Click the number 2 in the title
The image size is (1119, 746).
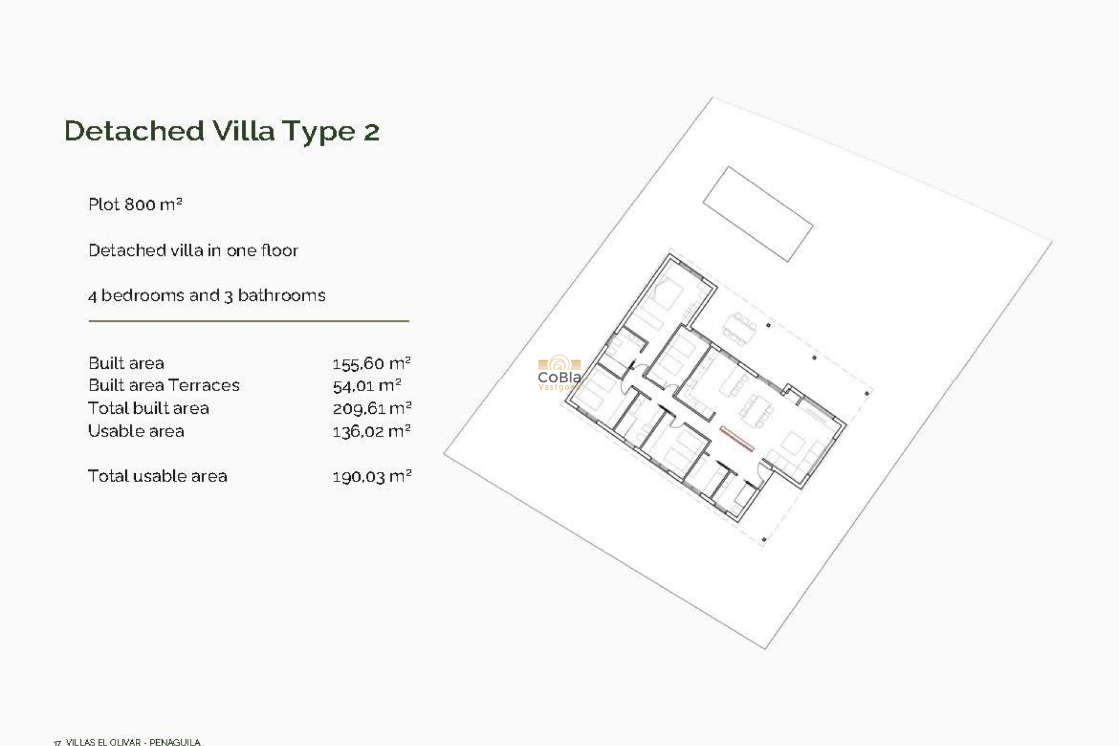371,132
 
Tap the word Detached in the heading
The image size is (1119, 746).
134,131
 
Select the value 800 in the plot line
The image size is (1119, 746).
140,205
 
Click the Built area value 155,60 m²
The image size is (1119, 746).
371,364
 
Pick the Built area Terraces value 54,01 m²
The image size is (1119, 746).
367,386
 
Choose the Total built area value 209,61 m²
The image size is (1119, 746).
372,409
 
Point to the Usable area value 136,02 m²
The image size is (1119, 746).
371,431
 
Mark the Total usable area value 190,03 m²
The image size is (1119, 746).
372,477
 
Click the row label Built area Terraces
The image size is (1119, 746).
164,385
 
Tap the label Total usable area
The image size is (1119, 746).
157,476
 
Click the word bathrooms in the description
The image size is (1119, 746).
281,295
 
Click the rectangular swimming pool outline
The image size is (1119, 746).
758,214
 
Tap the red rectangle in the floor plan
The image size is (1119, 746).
737,439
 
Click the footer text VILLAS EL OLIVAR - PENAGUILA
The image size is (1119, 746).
133,742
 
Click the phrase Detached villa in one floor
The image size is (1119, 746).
193,251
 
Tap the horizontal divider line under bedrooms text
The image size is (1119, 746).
249,321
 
